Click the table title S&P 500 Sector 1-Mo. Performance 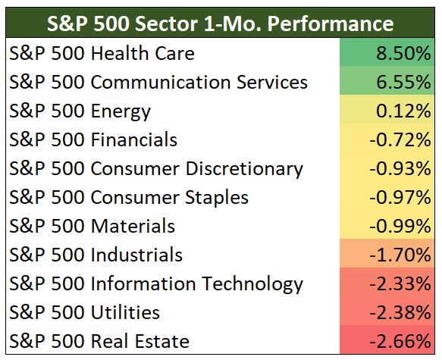tap(221, 22)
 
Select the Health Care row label tap(102, 53)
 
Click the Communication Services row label tap(158, 82)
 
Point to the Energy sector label tap(80, 111)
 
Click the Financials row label tap(93, 139)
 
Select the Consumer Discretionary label tap(156, 168)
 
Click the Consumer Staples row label tap(129, 197)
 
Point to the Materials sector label tap(92, 226)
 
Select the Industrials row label tap(96, 255)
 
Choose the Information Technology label tap(156, 283)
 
